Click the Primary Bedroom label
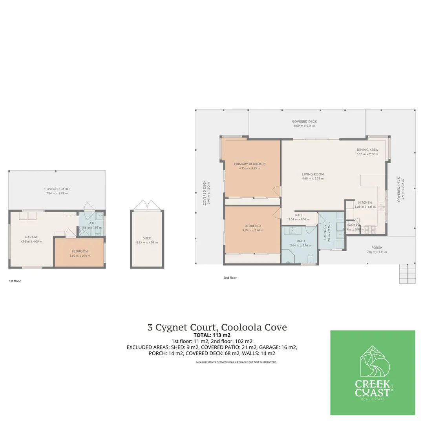(x=249, y=164)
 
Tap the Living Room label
(x=313, y=174)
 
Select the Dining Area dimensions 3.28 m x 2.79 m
(x=367, y=154)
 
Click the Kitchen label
(x=365, y=203)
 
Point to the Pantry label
(x=353, y=225)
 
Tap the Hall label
(x=299, y=215)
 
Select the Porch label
(x=376, y=248)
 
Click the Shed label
(x=147, y=238)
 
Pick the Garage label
(x=31, y=237)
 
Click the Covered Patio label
(x=57, y=189)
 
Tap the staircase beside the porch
(x=407, y=273)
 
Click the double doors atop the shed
(x=146, y=205)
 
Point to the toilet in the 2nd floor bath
(x=310, y=258)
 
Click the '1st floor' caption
(x=15, y=281)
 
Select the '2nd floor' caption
(x=230, y=278)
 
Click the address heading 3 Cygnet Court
(x=217, y=327)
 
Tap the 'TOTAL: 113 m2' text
(x=212, y=335)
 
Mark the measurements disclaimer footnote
(x=236, y=362)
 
